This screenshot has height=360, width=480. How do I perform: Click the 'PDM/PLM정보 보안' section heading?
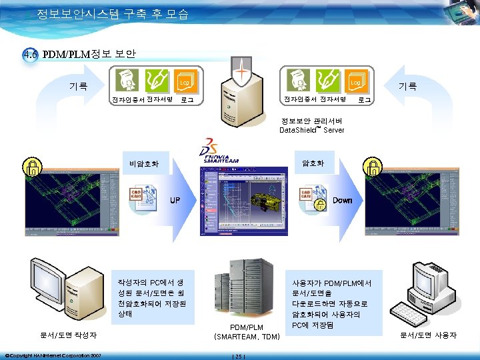(x=89, y=53)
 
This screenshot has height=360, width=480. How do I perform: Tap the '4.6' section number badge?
(x=29, y=55)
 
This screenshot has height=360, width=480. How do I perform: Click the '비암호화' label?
(x=145, y=161)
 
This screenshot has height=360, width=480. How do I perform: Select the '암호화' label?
(x=313, y=161)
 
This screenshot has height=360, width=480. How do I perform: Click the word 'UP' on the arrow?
(x=175, y=200)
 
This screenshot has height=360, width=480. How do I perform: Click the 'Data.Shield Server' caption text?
(x=311, y=126)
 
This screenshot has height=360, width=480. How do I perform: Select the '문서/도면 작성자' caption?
(x=69, y=335)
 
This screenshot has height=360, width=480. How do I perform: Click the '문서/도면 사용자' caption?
(x=428, y=335)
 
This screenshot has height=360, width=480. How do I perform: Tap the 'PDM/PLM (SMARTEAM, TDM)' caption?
(x=247, y=332)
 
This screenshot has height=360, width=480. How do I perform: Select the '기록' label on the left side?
(x=79, y=85)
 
